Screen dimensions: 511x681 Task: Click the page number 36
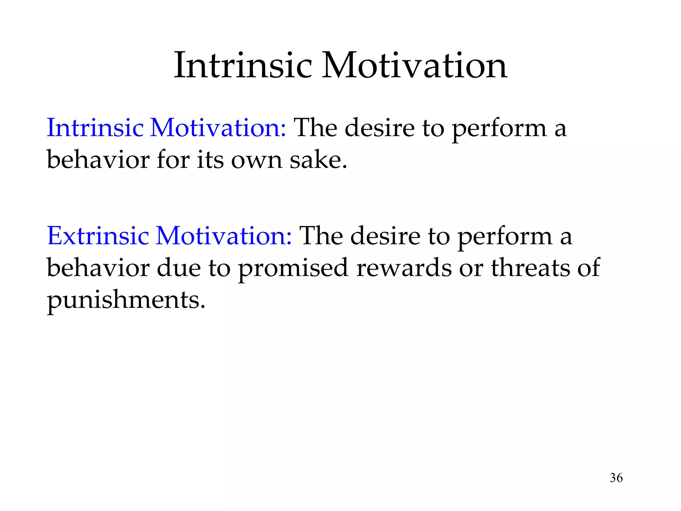[616, 478]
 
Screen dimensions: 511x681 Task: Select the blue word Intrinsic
[95, 128]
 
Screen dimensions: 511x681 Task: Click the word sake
[318, 160]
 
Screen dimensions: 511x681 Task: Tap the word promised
[293, 268]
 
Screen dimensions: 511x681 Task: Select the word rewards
[404, 268]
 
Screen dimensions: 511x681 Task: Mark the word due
[179, 268]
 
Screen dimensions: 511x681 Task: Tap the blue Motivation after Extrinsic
[224, 236]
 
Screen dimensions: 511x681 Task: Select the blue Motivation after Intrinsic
[218, 128]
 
